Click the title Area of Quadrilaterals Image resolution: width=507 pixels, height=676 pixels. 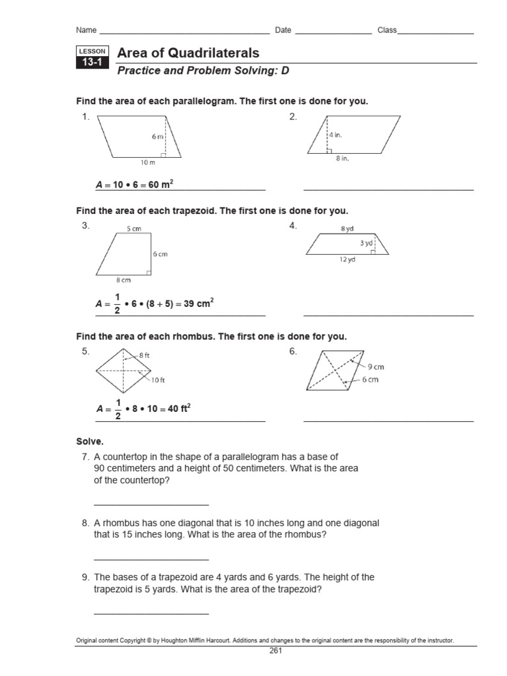click(187, 53)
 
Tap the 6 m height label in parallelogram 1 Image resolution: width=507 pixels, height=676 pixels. click(158, 137)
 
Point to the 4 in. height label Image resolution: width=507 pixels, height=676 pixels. click(336, 135)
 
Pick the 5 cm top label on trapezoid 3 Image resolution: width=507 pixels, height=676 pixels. click(133, 229)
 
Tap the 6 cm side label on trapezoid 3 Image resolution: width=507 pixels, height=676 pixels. click(160, 254)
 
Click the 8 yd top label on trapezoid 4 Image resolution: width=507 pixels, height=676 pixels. click(348, 228)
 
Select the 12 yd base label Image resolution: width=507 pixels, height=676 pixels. click(347, 260)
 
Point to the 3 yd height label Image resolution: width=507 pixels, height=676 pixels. click(366, 243)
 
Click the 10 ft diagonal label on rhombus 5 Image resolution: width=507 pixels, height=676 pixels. click(158, 380)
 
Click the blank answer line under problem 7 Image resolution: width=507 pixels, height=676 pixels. click(151, 504)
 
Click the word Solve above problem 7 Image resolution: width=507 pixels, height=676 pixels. click(90, 441)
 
